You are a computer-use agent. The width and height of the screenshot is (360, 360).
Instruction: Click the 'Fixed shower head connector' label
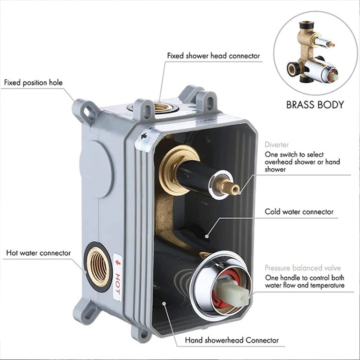click(x=213, y=56)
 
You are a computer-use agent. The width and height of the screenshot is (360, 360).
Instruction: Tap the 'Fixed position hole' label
click(x=34, y=83)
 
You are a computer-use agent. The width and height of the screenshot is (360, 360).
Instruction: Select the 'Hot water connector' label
click(x=38, y=253)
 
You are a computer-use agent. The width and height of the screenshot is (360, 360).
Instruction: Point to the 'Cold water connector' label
click(x=299, y=211)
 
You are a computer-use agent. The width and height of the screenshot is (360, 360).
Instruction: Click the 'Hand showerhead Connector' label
click(x=232, y=341)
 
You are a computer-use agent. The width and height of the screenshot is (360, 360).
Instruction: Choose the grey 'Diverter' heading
click(x=277, y=145)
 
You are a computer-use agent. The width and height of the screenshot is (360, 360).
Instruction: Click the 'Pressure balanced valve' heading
click(x=302, y=268)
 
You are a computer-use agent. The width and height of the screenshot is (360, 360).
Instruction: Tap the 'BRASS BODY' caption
click(x=315, y=105)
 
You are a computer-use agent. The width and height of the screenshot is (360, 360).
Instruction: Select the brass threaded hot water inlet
click(x=98, y=266)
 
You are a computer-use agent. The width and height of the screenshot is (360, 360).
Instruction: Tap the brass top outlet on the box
click(x=162, y=107)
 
